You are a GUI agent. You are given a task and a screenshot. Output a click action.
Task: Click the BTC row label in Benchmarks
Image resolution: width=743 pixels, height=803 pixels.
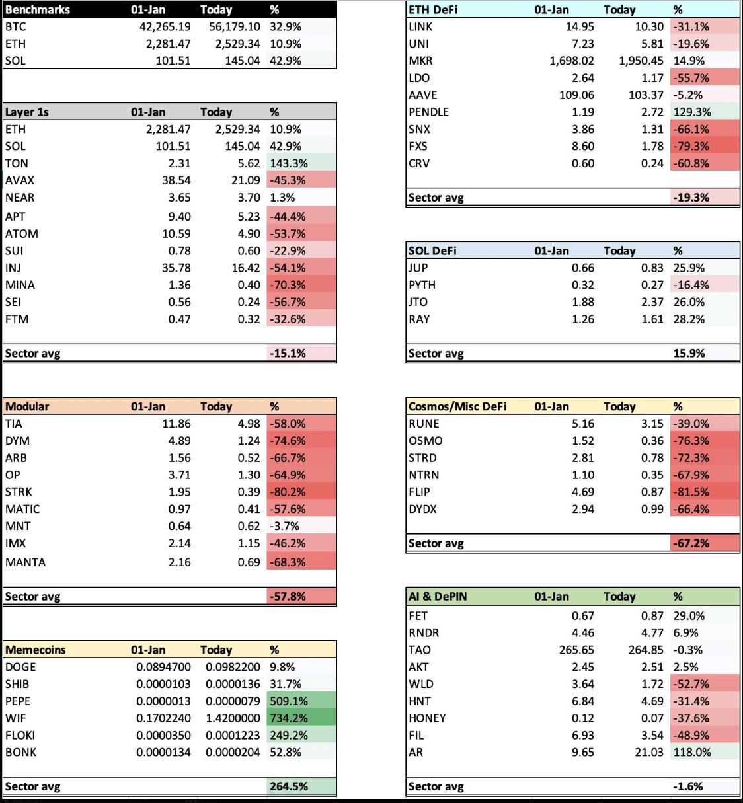point(16,27)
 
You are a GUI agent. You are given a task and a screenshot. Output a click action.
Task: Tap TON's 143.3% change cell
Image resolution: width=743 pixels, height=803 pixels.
point(289,163)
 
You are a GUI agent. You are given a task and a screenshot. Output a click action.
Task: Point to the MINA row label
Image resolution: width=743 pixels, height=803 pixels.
point(20,285)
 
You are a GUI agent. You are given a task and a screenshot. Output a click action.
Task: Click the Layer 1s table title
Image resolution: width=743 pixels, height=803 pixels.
point(27,112)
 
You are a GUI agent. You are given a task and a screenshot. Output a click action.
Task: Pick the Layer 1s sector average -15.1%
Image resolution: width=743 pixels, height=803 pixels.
point(288,353)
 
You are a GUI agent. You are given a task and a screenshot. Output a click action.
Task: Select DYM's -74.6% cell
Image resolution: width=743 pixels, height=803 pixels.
point(288,441)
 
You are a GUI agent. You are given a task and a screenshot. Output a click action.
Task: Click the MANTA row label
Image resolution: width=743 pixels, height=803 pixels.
point(26,562)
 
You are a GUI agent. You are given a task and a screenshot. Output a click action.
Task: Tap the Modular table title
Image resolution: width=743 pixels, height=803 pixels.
point(27,406)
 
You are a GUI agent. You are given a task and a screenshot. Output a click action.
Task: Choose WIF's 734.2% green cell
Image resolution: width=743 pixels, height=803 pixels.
point(289,718)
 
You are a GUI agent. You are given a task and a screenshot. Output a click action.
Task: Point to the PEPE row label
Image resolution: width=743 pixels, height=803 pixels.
point(19,701)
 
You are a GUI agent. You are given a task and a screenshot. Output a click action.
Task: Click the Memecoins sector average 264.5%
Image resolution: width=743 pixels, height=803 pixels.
point(289,786)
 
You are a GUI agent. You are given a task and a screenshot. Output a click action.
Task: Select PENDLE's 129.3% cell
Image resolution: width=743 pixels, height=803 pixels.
point(692,112)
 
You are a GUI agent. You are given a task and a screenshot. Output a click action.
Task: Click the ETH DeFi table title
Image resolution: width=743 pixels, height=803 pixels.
point(433,10)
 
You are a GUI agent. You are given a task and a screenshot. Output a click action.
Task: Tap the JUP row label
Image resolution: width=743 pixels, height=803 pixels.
point(418,268)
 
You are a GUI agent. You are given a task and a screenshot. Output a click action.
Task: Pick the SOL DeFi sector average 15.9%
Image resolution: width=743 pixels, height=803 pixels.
point(689,353)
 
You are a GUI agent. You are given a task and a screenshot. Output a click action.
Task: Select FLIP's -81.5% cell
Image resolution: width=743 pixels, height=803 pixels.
point(691,492)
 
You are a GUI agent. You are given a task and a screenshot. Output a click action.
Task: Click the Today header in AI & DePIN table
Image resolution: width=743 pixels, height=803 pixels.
point(619,597)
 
